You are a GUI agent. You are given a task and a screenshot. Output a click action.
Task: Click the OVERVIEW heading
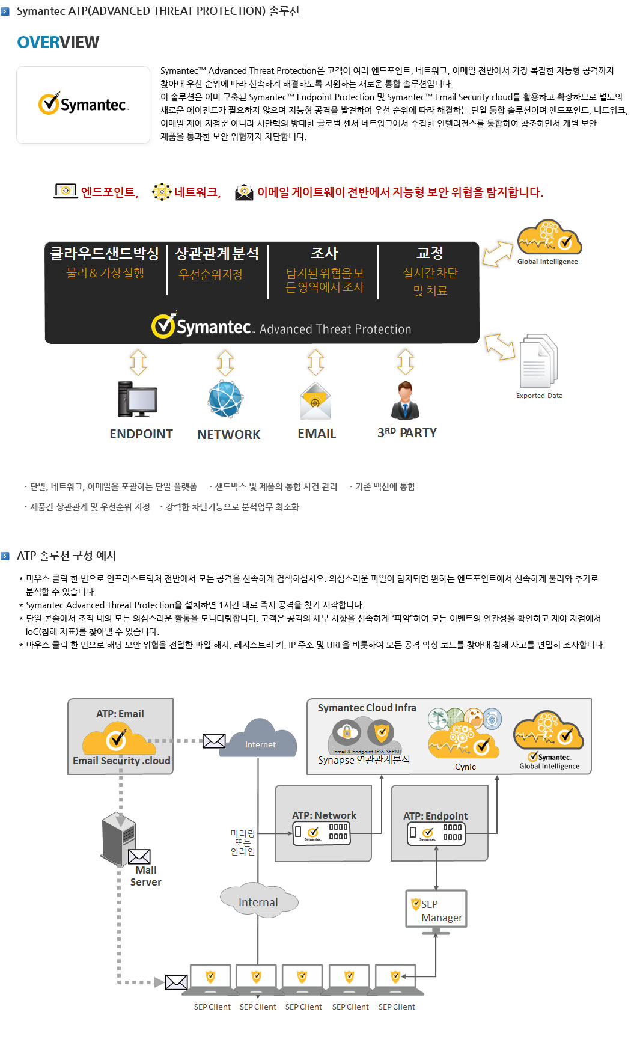tap(58, 43)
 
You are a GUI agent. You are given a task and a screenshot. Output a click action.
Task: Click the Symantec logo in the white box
tap(84, 104)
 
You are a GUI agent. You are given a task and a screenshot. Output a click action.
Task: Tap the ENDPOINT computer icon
tap(138, 399)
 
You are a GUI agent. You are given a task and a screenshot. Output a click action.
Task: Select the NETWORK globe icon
tap(225, 399)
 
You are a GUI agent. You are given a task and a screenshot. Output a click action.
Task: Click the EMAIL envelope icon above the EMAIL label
tap(315, 401)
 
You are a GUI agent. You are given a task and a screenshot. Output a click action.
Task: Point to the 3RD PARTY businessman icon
tap(406, 400)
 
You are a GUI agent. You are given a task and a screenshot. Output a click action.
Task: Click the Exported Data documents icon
tap(538, 361)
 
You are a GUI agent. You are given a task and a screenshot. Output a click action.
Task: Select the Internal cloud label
tap(258, 901)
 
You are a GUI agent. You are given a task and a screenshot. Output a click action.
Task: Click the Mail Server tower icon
tap(118, 838)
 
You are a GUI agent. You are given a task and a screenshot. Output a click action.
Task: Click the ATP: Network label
tap(324, 815)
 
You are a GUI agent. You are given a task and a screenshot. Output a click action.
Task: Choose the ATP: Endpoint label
tap(436, 816)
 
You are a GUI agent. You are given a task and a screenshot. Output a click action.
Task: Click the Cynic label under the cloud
tap(465, 767)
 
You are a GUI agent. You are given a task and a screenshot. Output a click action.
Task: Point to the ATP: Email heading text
tap(120, 714)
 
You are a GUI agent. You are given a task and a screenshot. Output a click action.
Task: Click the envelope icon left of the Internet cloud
tap(214, 741)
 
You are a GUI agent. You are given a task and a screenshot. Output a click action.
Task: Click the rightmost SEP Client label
tap(397, 1007)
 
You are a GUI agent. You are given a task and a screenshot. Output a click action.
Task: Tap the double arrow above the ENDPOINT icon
tap(138, 362)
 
